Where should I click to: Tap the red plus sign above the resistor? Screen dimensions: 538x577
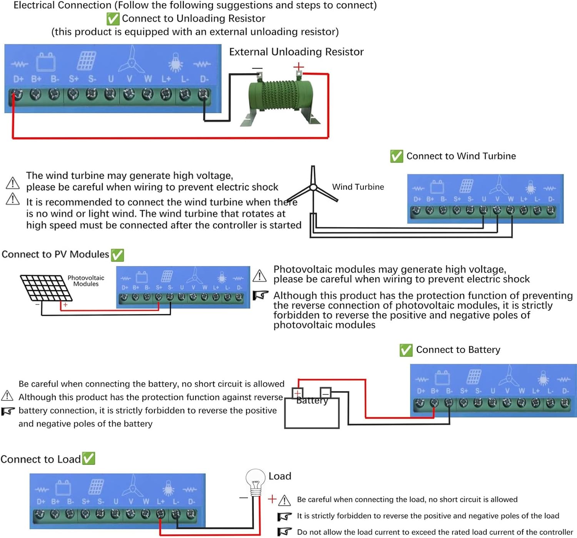[x=299, y=67]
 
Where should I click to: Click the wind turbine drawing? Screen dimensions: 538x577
[x=313, y=187]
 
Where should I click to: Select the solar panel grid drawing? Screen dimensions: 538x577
[x=46, y=288]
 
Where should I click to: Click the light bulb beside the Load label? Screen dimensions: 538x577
[x=255, y=481]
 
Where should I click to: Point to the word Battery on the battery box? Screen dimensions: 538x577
[x=312, y=401]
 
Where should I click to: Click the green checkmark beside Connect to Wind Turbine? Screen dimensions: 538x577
[x=397, y=156]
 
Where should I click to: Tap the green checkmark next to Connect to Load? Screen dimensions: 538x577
[x=89, y=458]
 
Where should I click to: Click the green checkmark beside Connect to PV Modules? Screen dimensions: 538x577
[x=117, y=255]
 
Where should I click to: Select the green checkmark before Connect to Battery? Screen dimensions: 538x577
[x=406, y=350]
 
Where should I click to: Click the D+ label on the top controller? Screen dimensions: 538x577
[x=18, y=79]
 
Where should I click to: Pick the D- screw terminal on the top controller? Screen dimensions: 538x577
[x=203, y=94]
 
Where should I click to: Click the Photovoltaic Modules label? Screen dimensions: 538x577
[x=86, y=281]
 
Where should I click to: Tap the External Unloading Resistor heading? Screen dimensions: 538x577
[x=296, y=52]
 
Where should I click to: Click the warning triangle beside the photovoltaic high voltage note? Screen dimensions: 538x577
[x=260, y=275]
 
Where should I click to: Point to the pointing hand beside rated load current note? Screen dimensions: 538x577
[x=285, y=532]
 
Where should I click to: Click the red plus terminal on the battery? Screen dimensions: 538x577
[x=297, y=393]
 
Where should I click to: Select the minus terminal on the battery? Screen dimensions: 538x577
[x=325, y=393]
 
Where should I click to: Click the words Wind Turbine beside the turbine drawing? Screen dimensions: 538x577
[x=358, y=187]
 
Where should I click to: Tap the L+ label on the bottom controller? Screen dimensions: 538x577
[x=161, y=501]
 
